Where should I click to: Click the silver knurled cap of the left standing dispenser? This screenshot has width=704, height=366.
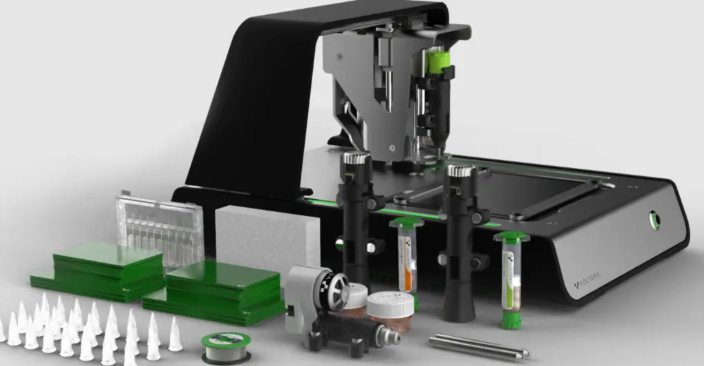356,165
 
